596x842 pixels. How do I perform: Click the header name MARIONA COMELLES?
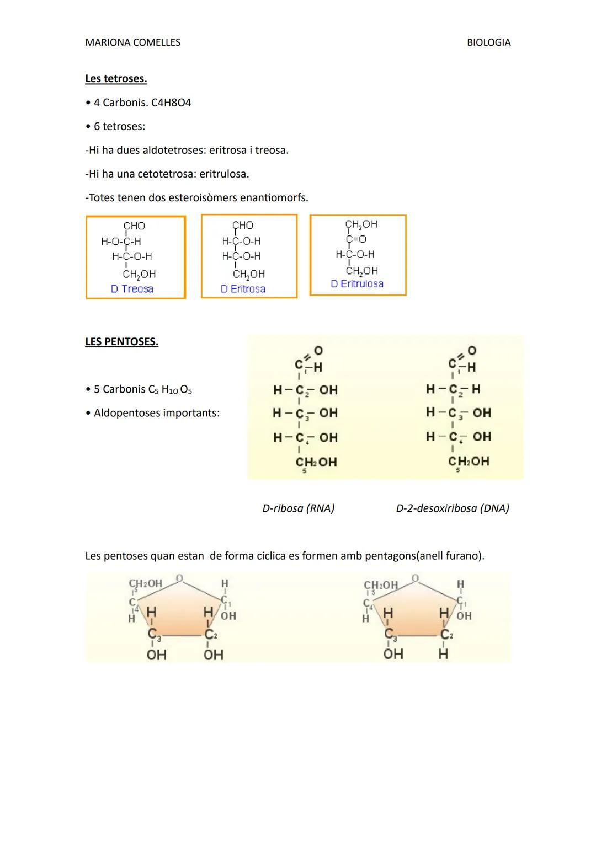(x=132, y=42)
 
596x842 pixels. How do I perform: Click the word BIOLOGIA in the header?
(x=488, y=42)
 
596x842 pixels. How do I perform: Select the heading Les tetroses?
(x=116, y=79)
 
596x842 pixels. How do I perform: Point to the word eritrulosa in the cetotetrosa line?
(x=223, y=174)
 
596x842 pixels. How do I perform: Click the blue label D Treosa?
(x=132, y=289)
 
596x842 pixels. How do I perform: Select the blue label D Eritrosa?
(x=243, y=289)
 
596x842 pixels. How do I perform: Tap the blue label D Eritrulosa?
(x=357, y=284)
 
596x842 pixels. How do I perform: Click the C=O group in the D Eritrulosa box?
(x=356, y=239)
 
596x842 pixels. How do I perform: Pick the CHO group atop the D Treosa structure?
(x=134, y=226)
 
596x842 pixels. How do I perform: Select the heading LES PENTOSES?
(x=121, y=342)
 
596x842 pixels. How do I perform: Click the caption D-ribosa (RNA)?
(x=298, y=508)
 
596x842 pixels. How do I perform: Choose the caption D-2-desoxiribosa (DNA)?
(x=453, y=508)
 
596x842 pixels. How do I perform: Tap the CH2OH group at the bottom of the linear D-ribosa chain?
(x=316, y=463)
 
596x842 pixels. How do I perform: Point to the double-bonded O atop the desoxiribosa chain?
(x=472, y=351)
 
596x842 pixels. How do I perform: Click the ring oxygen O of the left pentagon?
(x=179, y=578)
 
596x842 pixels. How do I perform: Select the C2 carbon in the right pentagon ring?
(x=446, y=635)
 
